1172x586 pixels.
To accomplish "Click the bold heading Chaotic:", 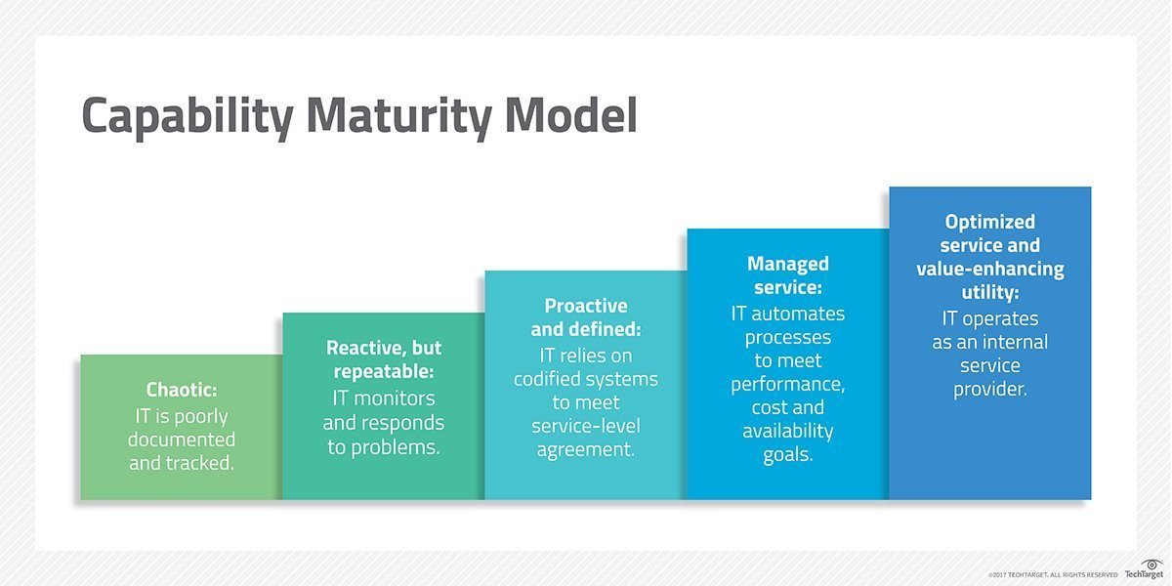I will pos(182,392).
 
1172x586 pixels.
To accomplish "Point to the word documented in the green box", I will pos(182,439).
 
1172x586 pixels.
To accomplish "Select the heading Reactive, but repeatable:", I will pos(384,359).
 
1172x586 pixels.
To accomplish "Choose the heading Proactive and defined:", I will pos(586,317).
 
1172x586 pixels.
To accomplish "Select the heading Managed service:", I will pos(788,276).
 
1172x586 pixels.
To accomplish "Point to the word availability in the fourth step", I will pos(787,431).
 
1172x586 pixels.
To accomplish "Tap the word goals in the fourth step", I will pos(787,455).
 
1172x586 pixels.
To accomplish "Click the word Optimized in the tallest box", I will pos(990,222).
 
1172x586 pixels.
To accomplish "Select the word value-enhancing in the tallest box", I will pos(990,269).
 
